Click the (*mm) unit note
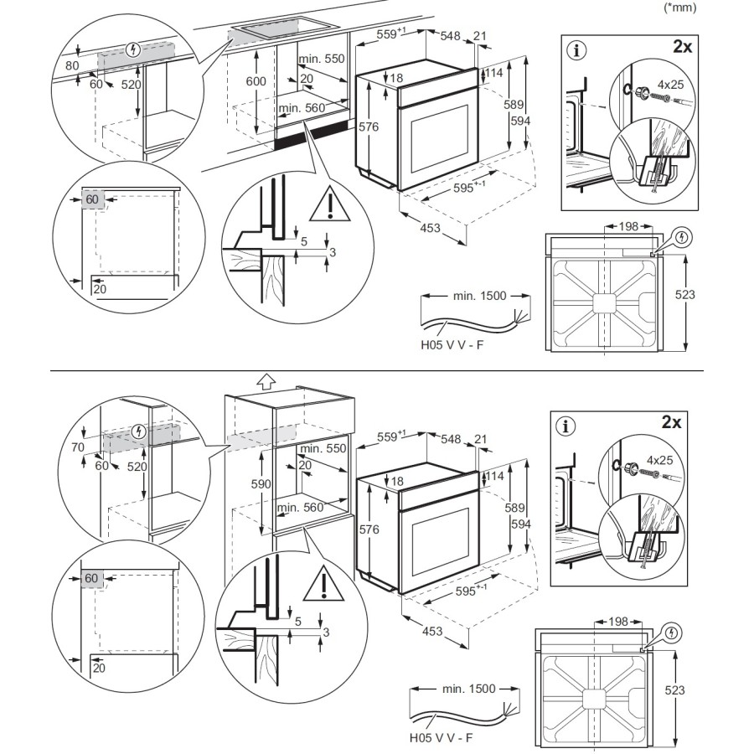[x=679, y=8]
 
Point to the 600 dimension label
[x=256, y=81]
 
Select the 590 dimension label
[x=261, y=485]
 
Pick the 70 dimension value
[x=78, y=448]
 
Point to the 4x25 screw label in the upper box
[x=670, y=85]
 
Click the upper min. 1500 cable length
[x=475, y=296]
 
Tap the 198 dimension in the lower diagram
[x=618, y=622]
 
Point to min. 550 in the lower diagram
[x=323, y=449]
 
